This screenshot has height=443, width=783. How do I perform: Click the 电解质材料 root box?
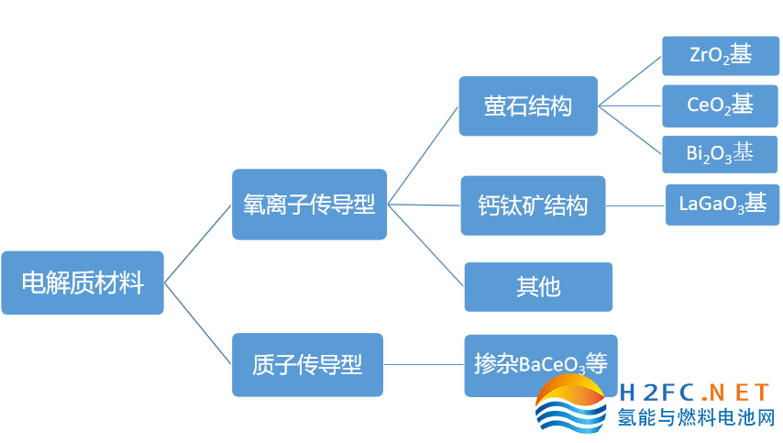[x=83, y=282]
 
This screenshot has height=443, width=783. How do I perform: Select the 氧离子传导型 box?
[x=309, y=205]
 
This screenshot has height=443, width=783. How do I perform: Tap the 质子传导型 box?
[x=307, y=365]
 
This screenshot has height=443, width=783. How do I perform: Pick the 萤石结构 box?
[x=528, y=106]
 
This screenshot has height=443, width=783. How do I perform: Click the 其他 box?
[x=538, y=287]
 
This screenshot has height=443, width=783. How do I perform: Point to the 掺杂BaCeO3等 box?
[x=540, y=364]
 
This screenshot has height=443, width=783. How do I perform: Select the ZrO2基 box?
[x=720, y=55]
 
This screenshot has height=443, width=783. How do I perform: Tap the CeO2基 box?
[x=720, y=105]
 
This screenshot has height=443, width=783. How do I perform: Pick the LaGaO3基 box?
[x=722, y=204]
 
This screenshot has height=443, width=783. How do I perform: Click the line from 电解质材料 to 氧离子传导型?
[x=198, y=243]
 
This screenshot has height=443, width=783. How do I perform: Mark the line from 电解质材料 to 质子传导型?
[x=198, y=324]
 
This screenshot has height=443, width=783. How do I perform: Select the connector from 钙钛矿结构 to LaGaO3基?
[x=635, y=205]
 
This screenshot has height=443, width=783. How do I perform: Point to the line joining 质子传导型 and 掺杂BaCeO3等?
[x=424, y=365]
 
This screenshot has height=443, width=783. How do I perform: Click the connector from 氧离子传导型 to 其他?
[x=426, y=245]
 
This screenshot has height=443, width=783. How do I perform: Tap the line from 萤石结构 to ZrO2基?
[x=630, y=81]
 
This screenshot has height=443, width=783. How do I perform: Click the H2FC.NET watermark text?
[x=694, y=393]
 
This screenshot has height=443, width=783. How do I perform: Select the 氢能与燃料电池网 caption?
[x=696, y=418]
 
